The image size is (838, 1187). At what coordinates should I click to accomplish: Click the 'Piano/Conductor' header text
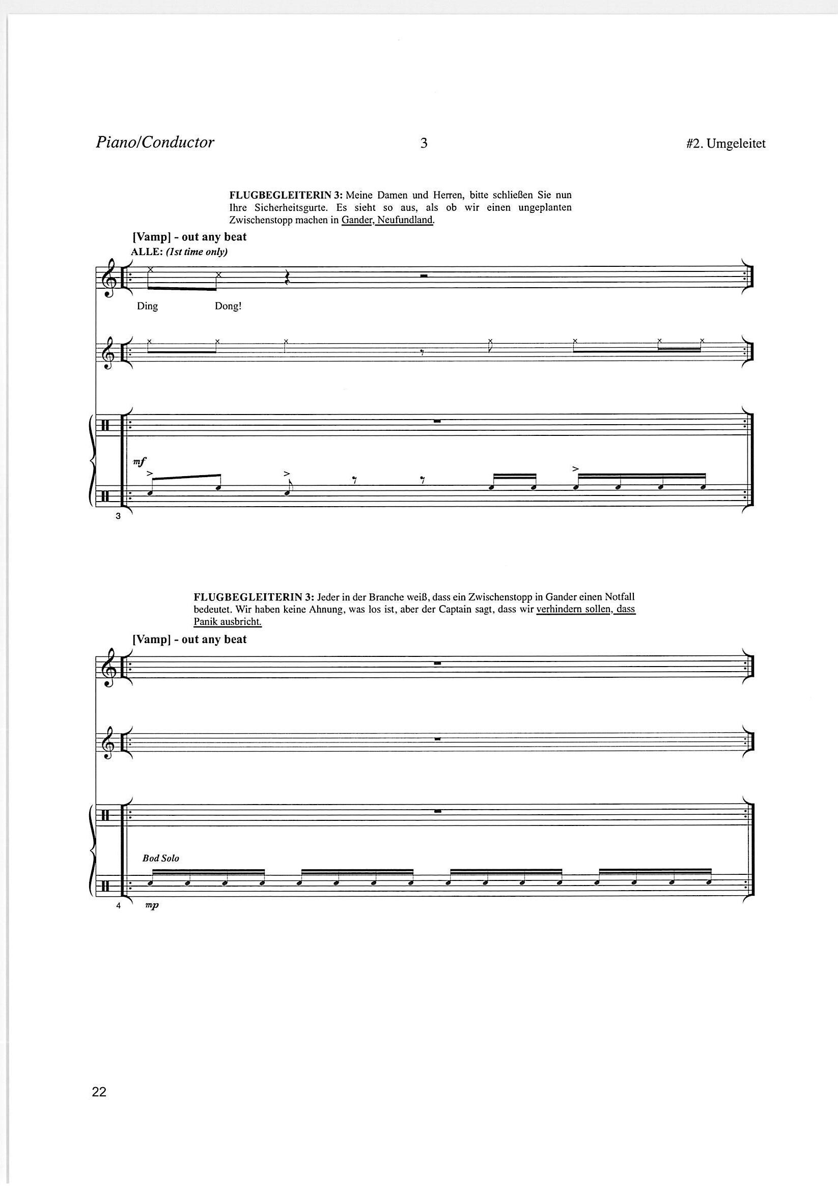[155, 143]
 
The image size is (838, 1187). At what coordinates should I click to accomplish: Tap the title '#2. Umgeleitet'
[726, 144]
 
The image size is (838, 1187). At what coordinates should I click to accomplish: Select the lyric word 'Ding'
[147, 306]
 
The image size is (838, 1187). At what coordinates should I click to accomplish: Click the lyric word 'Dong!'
[228, 306]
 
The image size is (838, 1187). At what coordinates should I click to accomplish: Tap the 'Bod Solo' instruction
[161, 858]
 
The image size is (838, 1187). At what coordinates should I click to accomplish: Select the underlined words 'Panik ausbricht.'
[228, 621]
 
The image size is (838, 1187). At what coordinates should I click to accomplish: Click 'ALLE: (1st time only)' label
[180, 252]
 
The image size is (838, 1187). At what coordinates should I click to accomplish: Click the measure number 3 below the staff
[118, 515]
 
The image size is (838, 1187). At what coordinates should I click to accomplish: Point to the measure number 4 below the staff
[118, 906]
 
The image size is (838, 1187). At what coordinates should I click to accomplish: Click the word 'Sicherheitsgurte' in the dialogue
[287, 208]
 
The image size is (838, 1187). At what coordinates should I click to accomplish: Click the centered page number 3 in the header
[424, 143]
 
